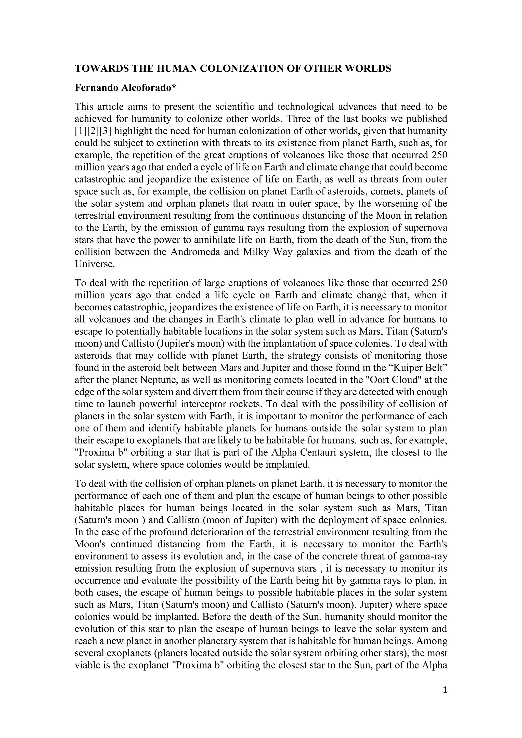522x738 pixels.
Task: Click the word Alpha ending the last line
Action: tap(434, 665)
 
